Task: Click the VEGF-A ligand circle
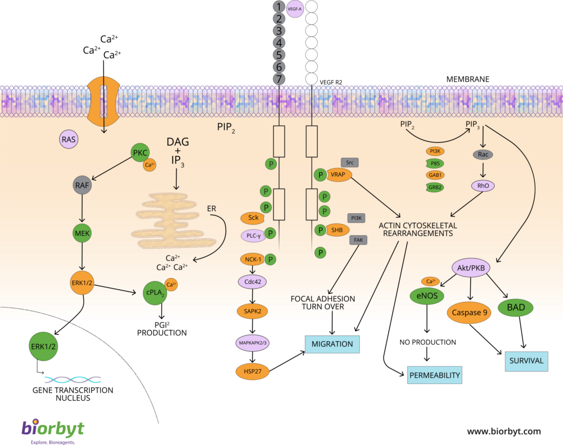coord(295,8)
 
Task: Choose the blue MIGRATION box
coord(332,344)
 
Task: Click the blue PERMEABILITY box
coord(435,375)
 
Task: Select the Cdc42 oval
coord(253,281)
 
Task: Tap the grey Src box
coord(350,163)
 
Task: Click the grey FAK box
coord(357,239)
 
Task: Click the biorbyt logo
coord(53,429)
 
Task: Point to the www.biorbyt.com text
coord(504,431)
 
